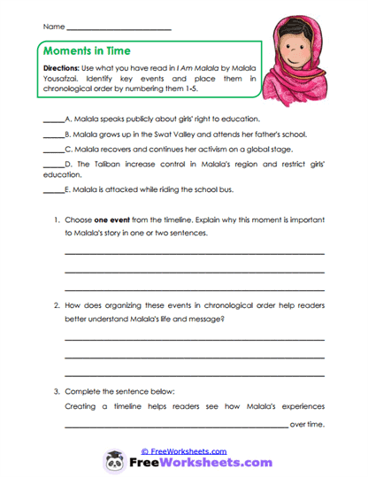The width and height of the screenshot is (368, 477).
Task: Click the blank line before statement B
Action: [x=53, y=135]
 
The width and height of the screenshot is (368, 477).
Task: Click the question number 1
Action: [x=56, y=219]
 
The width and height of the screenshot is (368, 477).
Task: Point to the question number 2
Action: [x=56, y=304]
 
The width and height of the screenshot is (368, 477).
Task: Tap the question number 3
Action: [x=56, y=390]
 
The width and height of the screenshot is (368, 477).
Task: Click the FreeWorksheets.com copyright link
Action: [x=183, y=450]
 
